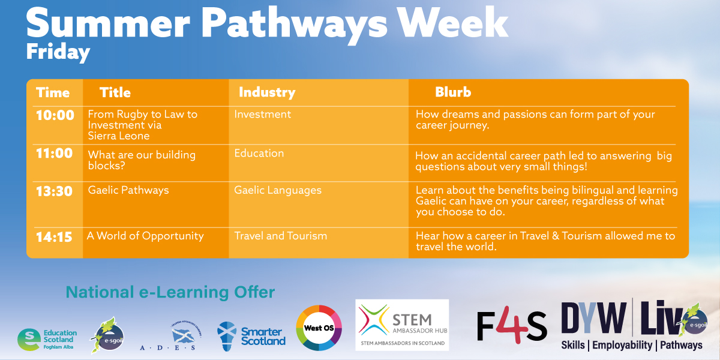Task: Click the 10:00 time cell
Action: [x=55, y=115]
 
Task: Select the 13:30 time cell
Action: [x=54, y=191]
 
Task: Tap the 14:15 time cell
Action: [x=54, y=237]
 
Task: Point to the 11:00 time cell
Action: [x=54, y=154]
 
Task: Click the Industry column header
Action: [x=267, y=92]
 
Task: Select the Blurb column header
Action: [x=453, y=92]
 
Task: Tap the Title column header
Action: [x=115, y=92]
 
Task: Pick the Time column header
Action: [x=53, y=93]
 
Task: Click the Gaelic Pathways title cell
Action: [x=128, y=190]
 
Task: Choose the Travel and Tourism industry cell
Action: [x=280, y=236]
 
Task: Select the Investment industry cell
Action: [x=262, y=114]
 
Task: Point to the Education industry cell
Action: [x=259, y=153]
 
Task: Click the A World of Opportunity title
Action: [x=145, y=236]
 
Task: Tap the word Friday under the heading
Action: [x=58, y=52]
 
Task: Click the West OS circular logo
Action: [x=319, y=327]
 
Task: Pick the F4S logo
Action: [x=511, y=327]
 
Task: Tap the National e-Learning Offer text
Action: [x=170, y=293]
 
